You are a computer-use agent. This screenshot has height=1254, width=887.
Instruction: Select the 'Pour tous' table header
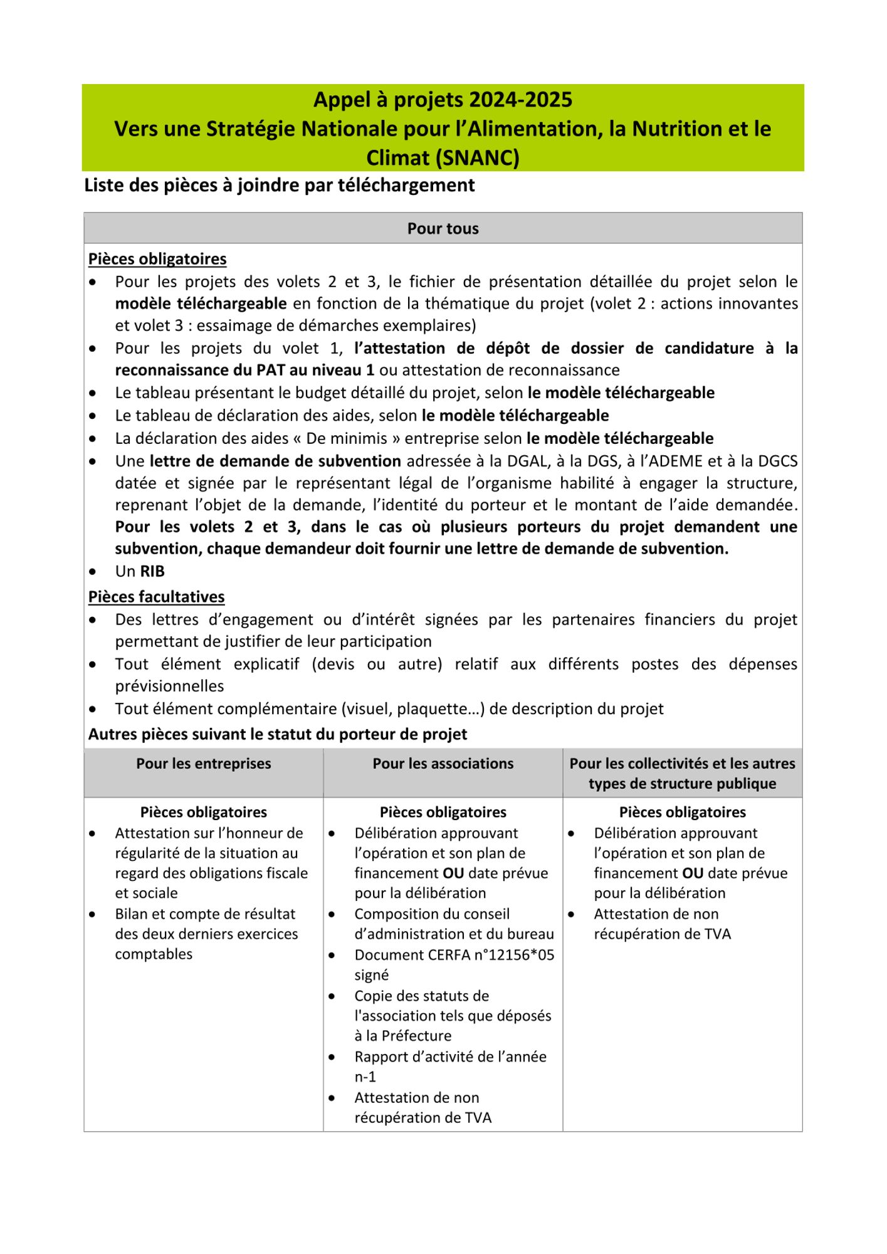coord(443,229)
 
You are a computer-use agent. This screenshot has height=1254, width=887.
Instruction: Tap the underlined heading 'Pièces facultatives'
coord(156,597)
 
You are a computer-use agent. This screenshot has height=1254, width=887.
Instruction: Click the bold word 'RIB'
coord(152,571)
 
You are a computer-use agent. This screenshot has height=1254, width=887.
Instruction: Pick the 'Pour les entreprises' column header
coord(204,764)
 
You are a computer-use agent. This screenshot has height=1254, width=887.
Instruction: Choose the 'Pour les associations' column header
coord(443,764)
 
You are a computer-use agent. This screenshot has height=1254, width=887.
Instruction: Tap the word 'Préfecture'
coord(416,1036)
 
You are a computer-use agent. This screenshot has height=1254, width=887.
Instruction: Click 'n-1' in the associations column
coord(365,1077)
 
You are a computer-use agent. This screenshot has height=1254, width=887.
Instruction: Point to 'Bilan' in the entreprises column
coord(132,914)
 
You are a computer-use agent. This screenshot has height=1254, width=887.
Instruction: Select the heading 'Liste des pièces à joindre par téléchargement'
coord(280,186)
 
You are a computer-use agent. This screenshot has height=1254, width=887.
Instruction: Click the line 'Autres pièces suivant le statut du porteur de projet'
coord(278,734)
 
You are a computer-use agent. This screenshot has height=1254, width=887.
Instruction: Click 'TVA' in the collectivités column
coord(718,934)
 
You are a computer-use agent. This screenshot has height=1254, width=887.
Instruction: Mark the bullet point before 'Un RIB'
coord(93,572)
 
